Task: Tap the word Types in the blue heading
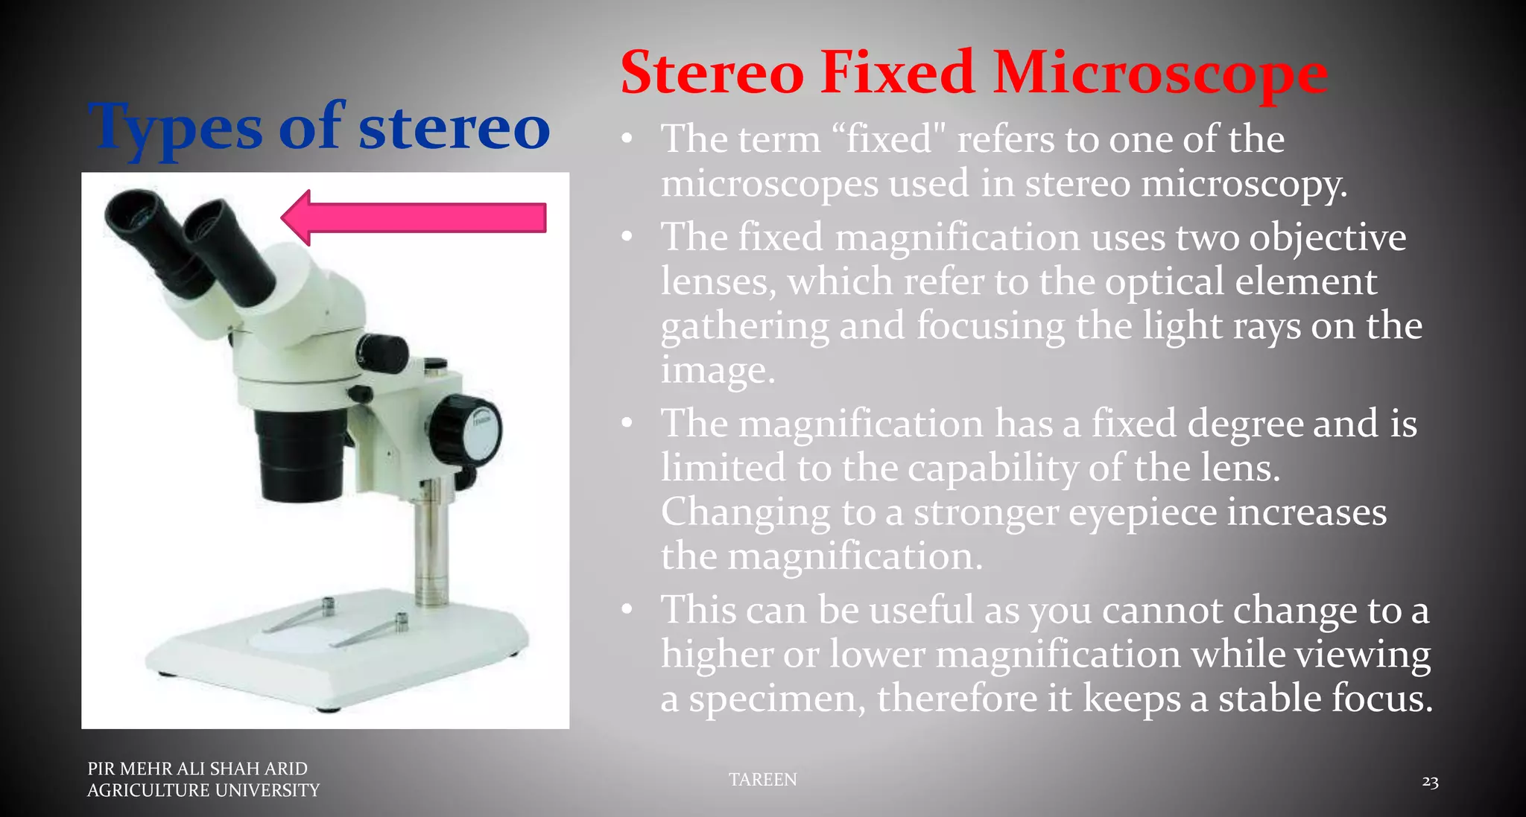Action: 176,128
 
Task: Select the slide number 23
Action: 1429,781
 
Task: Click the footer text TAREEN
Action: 762,779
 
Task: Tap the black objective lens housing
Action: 302,454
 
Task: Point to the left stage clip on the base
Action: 305,615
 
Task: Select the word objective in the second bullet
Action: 1326,238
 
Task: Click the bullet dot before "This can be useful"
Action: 627,610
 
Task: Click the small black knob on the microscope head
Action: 384,353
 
